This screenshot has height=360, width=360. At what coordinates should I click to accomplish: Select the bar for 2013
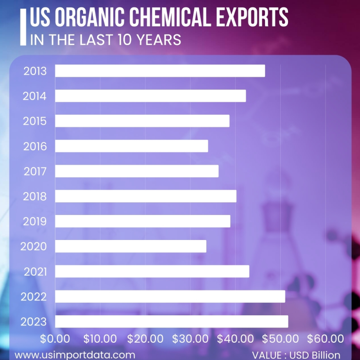pyautogui.click(x=160, y=71)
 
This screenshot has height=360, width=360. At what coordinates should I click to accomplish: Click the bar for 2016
pyautogui.click(x=132, y=146)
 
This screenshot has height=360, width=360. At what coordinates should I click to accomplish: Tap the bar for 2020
pyautogui.click(x=131, y=246)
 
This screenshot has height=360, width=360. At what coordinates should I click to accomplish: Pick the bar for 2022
pyautogui.click(x=170, y=296)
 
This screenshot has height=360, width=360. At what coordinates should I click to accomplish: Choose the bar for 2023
pyautogui.click(x=171, y=321)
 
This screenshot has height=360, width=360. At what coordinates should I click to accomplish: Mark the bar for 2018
pyautogui.click(x=145, y=196)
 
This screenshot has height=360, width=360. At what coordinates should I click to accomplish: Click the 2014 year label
pyautogui.click(x=35, y=96)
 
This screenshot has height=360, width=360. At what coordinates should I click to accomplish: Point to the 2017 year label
pyautogui.click(x=35, y=171)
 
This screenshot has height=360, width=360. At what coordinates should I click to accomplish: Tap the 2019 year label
pyautogui.click(x=35, y=221)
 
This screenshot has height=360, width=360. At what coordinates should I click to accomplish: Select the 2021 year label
pyautogui.click(x=35, y=272)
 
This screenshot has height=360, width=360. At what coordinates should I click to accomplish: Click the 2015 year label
pyautogui.click(x=35, y=121)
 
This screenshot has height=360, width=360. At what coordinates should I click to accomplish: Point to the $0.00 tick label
pyautogui.click(x=55, y=339)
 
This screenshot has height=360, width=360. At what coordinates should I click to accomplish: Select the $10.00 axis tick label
pyautogui.click(x=100, y=339)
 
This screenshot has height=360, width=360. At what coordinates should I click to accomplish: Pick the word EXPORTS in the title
pyautogui.click(x=251, y=18)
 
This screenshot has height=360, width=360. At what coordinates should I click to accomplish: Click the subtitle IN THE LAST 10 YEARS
pyautogui.click(x=106, y=39)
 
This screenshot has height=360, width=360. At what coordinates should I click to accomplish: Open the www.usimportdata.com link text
pyautogui.click(x=75, y=355)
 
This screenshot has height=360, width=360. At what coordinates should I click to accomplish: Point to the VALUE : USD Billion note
pyautogui.click(x=296, y=355)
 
